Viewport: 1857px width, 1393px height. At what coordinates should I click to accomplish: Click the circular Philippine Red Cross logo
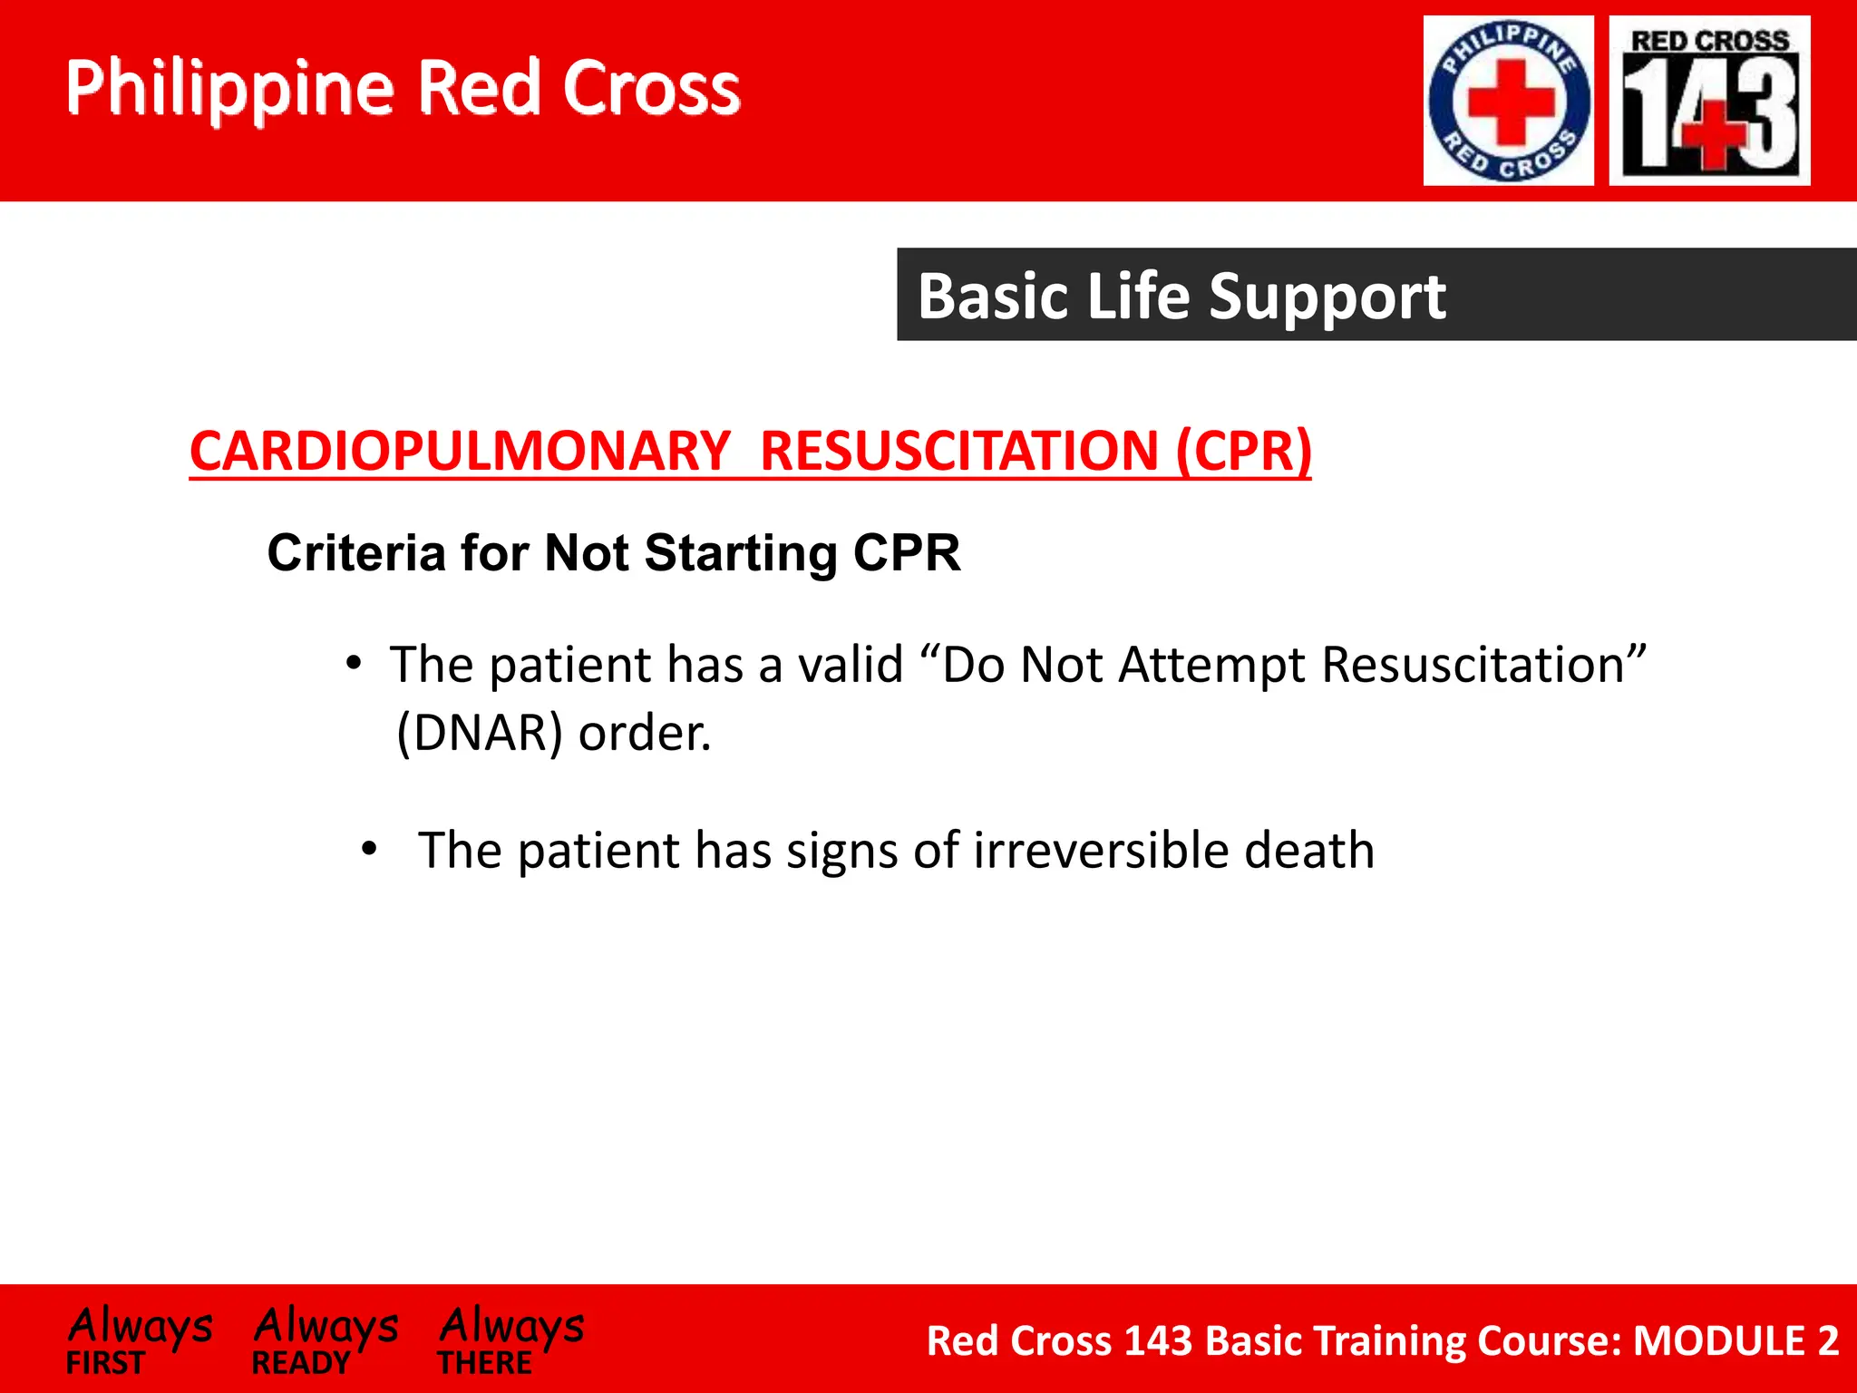[x=1508, y=101]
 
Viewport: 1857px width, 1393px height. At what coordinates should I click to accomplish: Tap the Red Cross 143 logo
[x=1709, y=101]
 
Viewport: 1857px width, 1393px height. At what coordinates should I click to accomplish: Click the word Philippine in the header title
[x=230, y=89]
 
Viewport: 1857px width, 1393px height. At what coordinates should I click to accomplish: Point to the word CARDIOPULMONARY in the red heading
[x=460, y=451]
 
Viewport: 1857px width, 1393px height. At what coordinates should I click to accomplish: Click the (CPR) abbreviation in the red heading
[x=1243, y=451]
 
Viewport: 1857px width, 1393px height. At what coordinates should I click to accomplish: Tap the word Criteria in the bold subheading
[x=356, y=552]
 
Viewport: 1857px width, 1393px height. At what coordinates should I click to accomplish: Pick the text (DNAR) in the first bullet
[x=481, y=733]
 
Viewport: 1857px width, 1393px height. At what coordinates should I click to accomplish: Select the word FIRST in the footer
[x=105, y=1363]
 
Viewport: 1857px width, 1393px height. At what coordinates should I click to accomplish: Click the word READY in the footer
[x=300, y=1363]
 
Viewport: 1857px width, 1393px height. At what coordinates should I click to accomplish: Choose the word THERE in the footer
[x=484, y=1363]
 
